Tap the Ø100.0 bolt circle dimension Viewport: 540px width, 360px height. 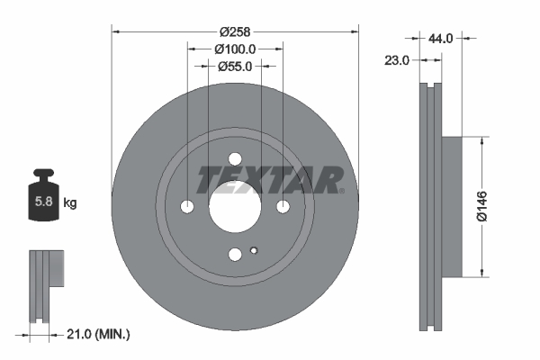point(236,49)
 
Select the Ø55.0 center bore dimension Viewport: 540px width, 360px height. point(235,66)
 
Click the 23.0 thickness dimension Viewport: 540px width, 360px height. point(397,60)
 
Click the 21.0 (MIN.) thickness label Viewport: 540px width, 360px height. point(99,334)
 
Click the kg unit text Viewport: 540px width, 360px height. point(70,203)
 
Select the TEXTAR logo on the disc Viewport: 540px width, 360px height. point(269,179)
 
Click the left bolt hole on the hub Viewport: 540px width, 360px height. point(187,207)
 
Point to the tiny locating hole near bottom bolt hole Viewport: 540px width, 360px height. point(255,250)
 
